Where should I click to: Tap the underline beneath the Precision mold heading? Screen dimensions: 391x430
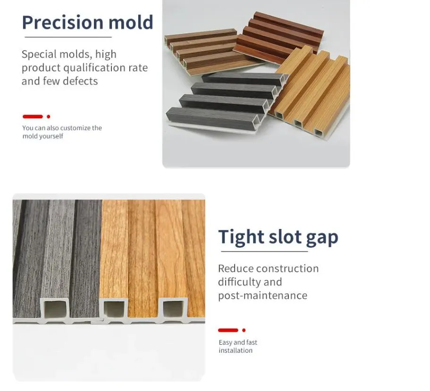point(67,37)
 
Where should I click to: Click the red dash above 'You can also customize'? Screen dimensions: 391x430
point(33,116)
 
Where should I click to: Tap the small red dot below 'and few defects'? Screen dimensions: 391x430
point(48,116)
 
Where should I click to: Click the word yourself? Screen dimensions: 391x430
point(52,136)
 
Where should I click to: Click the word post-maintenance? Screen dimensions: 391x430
point(262,295)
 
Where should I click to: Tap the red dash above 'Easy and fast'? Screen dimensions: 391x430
point(228,330)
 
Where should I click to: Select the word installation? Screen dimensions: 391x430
point(235,350)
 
